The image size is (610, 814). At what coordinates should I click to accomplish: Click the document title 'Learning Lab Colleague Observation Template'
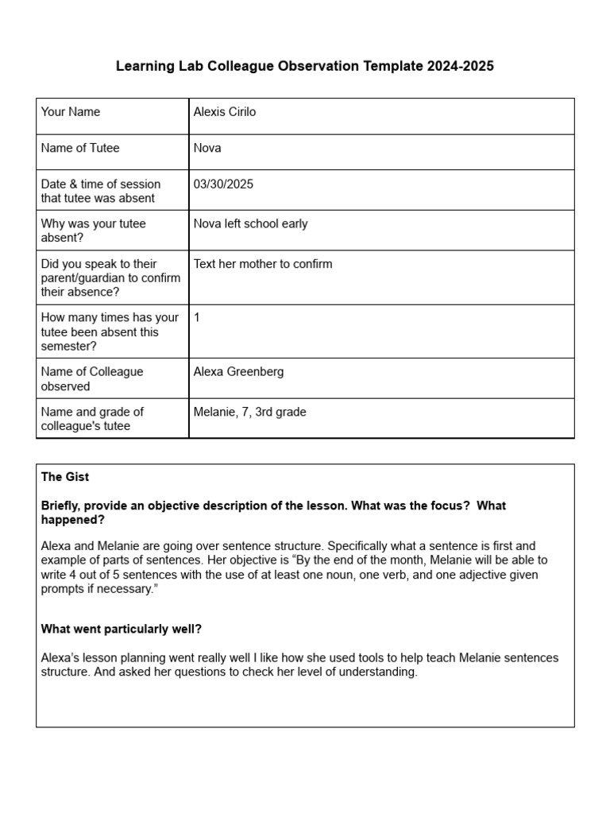click(x=270, y=67)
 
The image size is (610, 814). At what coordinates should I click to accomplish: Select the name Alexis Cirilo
click(x=225, y=112)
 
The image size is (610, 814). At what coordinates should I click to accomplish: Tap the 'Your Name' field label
click(x=71, y=112)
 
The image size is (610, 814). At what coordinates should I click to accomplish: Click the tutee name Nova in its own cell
click(x=207, y=148)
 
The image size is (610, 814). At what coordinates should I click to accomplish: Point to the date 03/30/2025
click(x=223, y=184)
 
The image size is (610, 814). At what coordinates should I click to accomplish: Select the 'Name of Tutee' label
click(x=80, y=148)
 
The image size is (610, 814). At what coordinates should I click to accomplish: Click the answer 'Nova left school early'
click(x=250, y=223)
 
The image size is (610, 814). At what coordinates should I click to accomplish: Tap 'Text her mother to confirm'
click(x=263, y=264)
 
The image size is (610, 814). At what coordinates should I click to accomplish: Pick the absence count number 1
click(x=197, y=317)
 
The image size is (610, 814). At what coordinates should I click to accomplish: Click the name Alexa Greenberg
click(x=238, y=371)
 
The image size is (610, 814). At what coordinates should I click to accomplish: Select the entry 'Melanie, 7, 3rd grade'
click(x=249, y=412)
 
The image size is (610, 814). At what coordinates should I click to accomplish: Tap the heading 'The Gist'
click(x=65, y=477)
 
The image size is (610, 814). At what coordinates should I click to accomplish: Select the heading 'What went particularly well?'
click(x=122, y=629)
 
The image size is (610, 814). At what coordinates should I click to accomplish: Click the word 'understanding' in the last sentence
click(x=380, y=672)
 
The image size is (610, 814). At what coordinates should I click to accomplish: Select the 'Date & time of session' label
click(x=100, y=184)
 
